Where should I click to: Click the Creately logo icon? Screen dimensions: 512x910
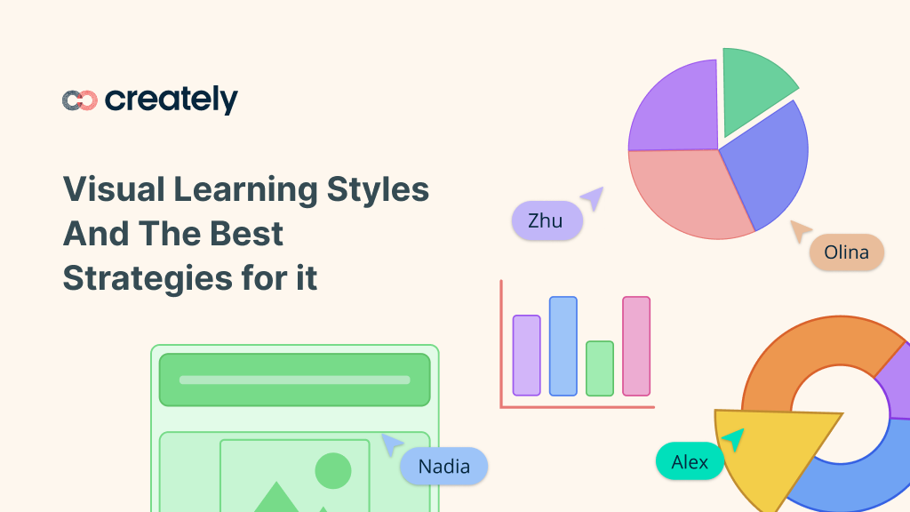pos(79,100)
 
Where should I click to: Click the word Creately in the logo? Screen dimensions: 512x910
pos(172,100)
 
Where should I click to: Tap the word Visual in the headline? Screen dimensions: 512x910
pos(114,189)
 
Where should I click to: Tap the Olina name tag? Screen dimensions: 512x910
pos(846,252)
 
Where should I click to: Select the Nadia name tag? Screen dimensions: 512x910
pos(443,466)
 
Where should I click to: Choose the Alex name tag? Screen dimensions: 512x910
pos(690,461)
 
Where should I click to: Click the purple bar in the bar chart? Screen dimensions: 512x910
pos(526,355)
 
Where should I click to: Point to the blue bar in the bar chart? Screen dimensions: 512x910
pos(563,346)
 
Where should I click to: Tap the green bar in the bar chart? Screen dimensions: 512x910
pos(600,368)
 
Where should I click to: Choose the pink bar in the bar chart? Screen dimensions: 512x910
pos(636,346)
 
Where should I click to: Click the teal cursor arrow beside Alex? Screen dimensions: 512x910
pos(733,438)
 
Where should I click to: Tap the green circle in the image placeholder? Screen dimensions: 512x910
pos(333,470)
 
